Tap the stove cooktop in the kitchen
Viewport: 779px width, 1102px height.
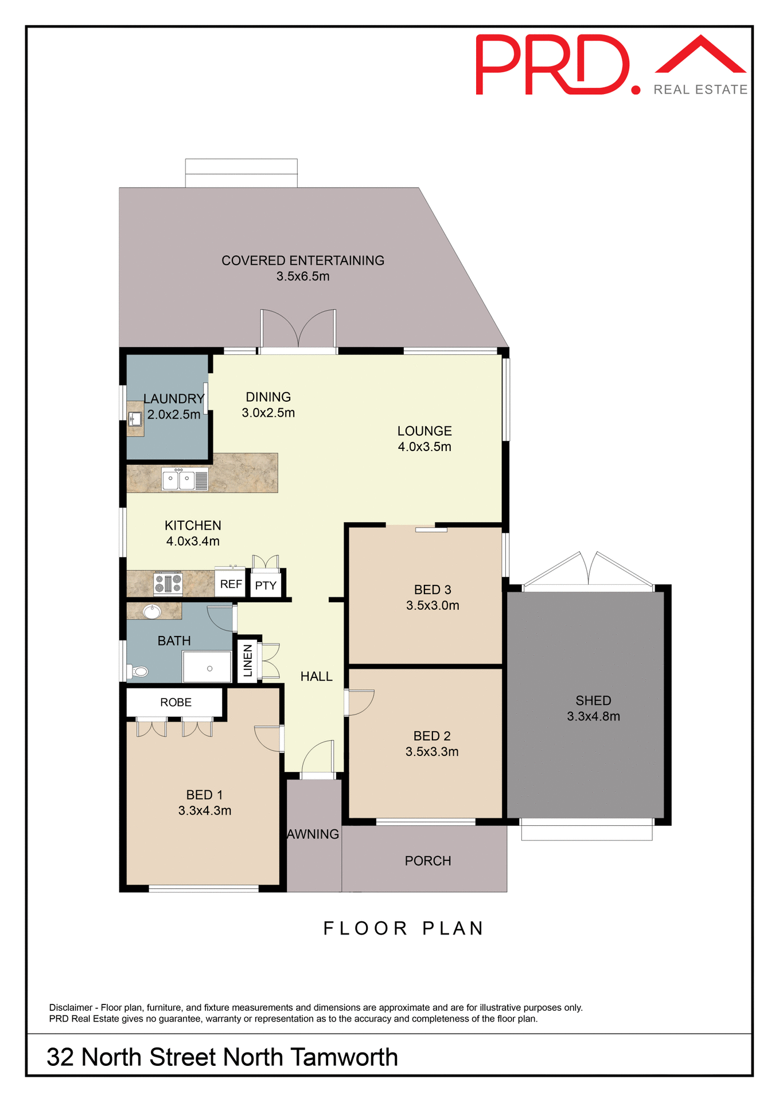click(168, 583)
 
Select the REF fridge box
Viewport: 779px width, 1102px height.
click(231, 584)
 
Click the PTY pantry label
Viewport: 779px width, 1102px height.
click(266, 585)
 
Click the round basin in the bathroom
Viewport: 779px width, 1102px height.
click(152, 611)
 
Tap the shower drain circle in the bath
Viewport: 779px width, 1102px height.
click(209, 669)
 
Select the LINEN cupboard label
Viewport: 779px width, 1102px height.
click(248, 660)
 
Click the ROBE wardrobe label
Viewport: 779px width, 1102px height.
click(176, 702)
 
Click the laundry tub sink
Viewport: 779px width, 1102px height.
click(135, 419)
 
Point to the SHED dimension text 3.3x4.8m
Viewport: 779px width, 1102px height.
click(593, 716)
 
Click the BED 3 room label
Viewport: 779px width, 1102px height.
click(433, 589)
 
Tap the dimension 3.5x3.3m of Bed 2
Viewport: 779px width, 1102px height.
click(431, 751)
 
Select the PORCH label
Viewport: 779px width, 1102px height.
click(427, 860)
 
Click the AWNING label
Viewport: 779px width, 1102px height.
click(313, 834)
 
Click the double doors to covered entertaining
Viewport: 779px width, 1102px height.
click(298, 330)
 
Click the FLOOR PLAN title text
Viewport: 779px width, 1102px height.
click(404, 928)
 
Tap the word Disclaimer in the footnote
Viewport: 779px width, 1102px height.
click(71, 1007)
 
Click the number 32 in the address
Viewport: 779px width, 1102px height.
click(60, 1057)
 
